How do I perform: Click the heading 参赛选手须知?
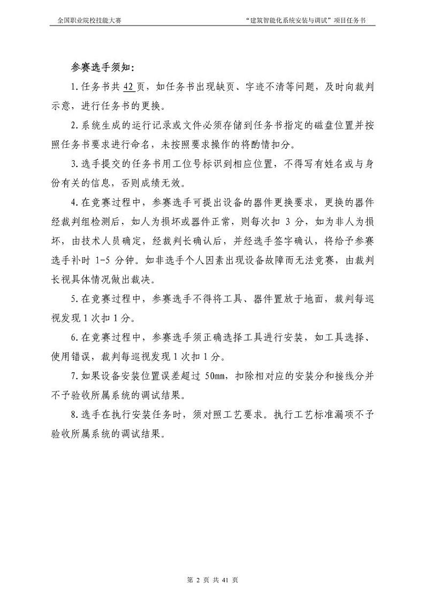pyautogui.click(x=103, y=67)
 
